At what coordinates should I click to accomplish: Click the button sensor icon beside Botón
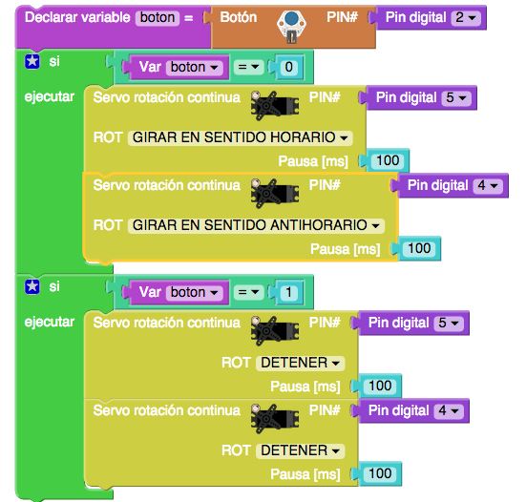coord(291,27)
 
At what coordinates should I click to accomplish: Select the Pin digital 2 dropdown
coord(466,17)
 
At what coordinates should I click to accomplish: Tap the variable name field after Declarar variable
coord(158,17)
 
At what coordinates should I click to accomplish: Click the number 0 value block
coord(288,67)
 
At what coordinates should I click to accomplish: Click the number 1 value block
coord(288,292)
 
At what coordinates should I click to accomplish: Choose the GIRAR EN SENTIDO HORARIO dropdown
coord(241,137)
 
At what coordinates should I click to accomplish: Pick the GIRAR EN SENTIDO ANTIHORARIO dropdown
coord(256,225)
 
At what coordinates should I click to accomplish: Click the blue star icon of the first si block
coord(32,61)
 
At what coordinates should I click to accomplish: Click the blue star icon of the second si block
coord(32,286)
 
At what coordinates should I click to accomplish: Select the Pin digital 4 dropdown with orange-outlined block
coord(488,185)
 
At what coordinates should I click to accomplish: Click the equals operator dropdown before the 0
coord(248,67)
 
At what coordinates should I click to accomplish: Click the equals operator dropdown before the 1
coord(248,292)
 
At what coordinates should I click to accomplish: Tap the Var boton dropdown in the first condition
coord(195,67)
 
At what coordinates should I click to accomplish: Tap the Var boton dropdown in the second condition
coord(195,292)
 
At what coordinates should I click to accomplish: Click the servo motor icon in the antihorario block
coord(275,193)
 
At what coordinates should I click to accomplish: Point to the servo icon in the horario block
coord(275,105)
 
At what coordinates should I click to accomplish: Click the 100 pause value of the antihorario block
coord(419,248)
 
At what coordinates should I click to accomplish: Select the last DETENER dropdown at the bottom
coord(301,450)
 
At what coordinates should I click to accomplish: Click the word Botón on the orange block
coord(239,17)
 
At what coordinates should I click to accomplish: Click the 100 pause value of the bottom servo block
coord(380,473)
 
